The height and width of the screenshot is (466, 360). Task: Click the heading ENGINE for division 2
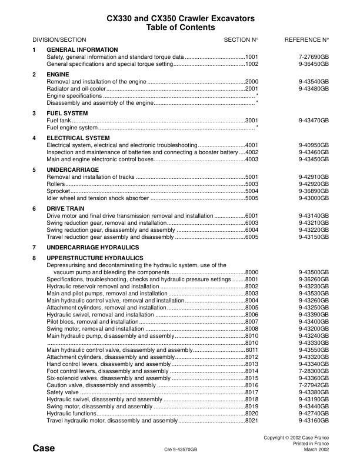point(58,75)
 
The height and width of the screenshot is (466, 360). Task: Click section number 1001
point(252,56)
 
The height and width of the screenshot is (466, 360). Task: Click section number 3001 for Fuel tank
point(252,120)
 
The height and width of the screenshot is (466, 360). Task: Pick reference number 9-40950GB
point(314,145)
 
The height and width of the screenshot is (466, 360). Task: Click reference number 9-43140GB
point(314,216)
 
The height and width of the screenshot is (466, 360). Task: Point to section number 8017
point(252,392)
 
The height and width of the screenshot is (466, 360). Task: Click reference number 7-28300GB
point(314,371)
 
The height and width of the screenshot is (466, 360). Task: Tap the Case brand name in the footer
point(44,449)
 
